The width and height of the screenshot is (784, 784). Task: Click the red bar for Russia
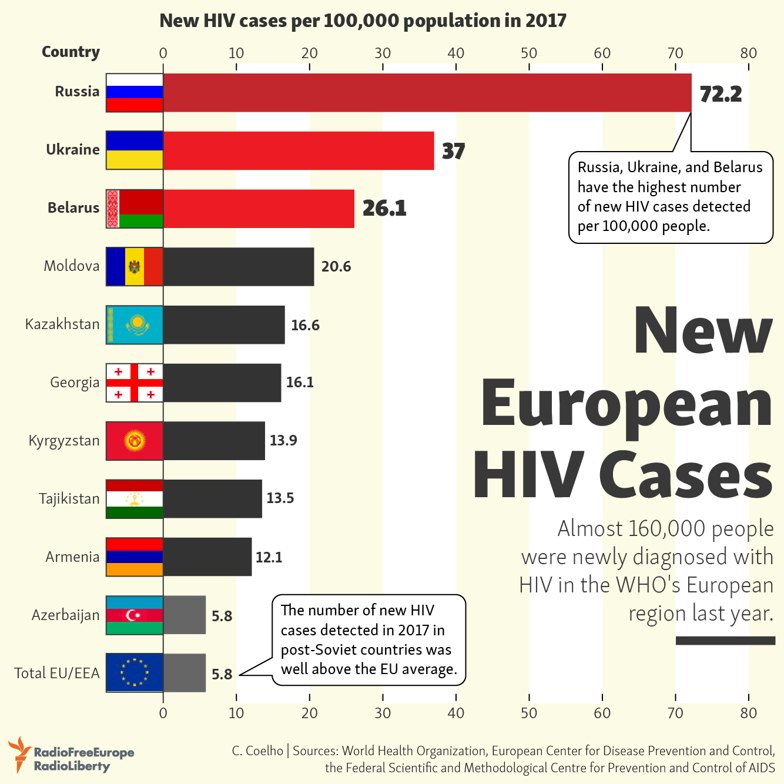[x=427, y=93]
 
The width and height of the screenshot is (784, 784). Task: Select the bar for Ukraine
[x=299, y=150]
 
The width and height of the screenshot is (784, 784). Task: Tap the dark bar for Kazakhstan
[x=224, y=324]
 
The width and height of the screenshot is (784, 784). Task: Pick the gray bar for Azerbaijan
[x=185, y=615]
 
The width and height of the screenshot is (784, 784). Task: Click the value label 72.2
[x=721, y=94]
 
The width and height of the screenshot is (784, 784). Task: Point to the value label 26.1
[x=384, y=208]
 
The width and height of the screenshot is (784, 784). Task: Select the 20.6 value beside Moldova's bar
[x=336, y=267]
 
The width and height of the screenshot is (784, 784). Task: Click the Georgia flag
[x=135, y=383]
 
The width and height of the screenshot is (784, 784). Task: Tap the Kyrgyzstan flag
[x=135, y=441]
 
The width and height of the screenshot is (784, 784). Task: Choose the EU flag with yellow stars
[x=135, y=672]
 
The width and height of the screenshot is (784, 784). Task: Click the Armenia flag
[x=135, y=557]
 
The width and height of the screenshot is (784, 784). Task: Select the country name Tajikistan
[x=69, y=499]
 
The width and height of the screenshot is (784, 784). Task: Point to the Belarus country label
[x=73, y=208]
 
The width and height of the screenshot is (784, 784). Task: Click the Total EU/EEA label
[x=57, y=674]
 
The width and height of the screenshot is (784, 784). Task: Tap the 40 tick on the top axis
[x=456, y=53]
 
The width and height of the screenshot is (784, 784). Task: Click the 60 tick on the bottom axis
[x=602, y=713]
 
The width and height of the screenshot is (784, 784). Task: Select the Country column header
[x=71, y=52]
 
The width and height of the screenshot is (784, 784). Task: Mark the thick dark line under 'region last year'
[x=725, y=641]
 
